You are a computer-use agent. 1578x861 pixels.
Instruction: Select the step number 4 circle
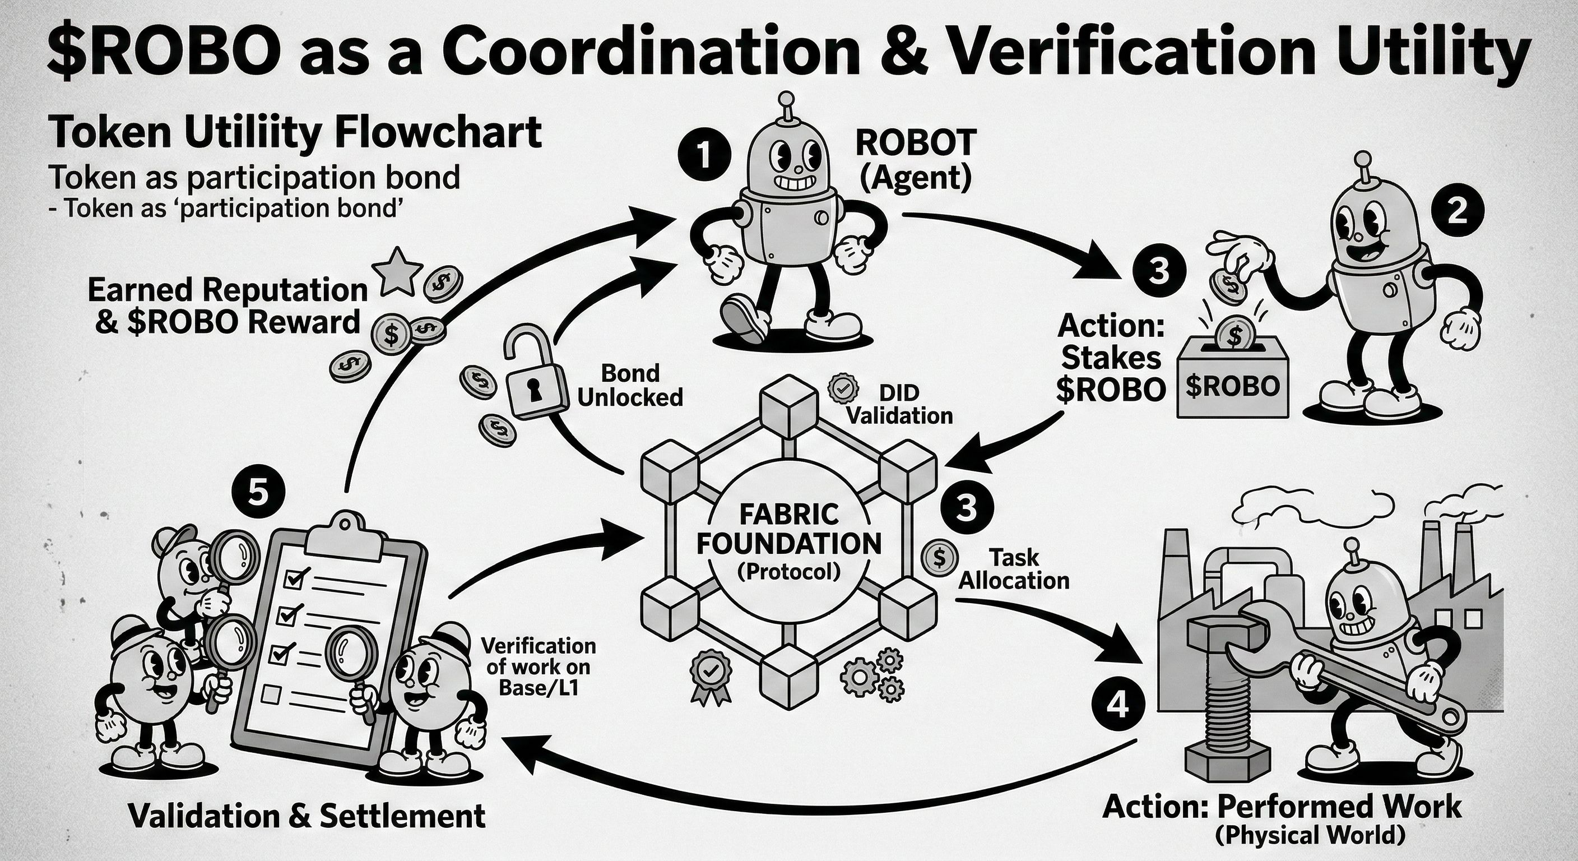pyautogui.click(x=1118, y=707)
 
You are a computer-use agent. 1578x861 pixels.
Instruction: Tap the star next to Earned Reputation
pyautogui.click(x=401, y=270)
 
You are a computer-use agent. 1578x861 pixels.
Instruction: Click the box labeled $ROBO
pyautogui.click(x=1232, y=382)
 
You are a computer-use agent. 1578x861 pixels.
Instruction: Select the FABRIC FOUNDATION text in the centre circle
pyautogui.click(x=789, y=528)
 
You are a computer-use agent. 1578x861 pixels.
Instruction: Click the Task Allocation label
pyautogui.click(x=1013, y=569)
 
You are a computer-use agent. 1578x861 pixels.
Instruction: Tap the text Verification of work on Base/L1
pyautogui.click(x=539, y=666)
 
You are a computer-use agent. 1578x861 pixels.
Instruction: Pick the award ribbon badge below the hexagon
pyautogui.click(x=710, y=677)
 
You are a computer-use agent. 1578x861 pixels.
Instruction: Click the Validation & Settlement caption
pyautogui.click(x=307, y=816)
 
